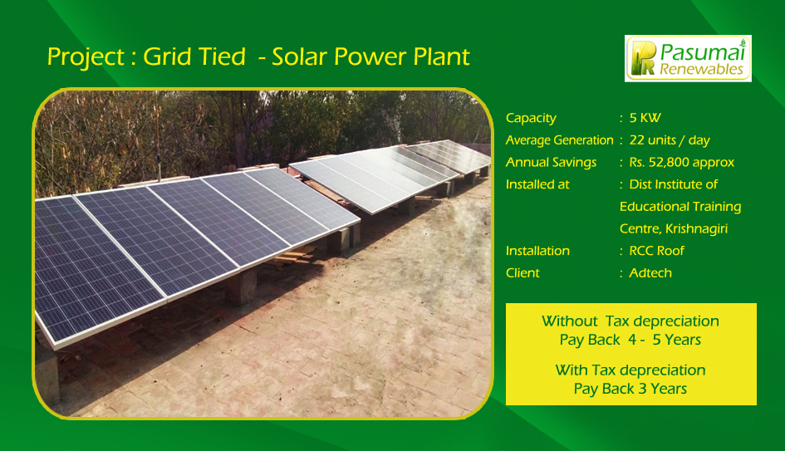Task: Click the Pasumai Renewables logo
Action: pos(688,58)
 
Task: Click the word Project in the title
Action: pos(86,57)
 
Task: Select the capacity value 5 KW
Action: pos(645,118)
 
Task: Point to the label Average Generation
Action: pos(559,140)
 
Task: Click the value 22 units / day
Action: pos(670,140)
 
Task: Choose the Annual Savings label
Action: pos(551,163)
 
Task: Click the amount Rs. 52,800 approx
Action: pos(681,163)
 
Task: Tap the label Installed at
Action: pos(537,184)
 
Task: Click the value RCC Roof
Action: pos(656,251)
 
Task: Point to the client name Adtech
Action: pos(650,272)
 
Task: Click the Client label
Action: pos(523,272)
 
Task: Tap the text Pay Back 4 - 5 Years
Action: pos(630,340)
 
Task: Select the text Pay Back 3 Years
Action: pos(630,389)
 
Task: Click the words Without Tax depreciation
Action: pos(630,321)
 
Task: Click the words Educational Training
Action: pos(680,207)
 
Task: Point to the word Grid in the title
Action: pos(164,56)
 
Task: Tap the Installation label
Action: pos(537,251)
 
